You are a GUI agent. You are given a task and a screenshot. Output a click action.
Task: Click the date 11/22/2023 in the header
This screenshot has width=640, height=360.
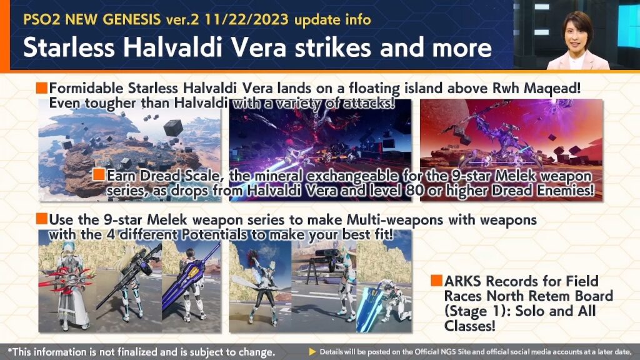click(x=246, y=19)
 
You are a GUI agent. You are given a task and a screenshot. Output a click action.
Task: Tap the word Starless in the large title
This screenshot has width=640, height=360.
click(x=69, y=47)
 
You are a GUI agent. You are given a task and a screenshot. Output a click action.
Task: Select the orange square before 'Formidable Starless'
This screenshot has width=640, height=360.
click(x=42, y=87)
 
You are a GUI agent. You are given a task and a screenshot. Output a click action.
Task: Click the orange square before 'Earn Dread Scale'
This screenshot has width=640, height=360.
click(x=99, y=174)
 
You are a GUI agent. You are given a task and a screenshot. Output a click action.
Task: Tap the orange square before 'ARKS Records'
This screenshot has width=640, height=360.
click(x=436, y=281)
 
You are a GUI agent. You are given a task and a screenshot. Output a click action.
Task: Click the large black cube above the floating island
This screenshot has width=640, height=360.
click(x=173, y=127)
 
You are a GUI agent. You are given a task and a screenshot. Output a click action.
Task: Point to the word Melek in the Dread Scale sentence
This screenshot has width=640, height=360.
click(x=516, y=176)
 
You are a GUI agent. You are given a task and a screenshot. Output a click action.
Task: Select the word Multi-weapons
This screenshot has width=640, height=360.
click(x=395, y=219)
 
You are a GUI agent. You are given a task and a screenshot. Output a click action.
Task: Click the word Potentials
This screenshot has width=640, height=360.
click(x=214, y=234)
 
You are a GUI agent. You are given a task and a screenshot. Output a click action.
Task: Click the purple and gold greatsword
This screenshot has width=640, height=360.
click(x=191, y=277)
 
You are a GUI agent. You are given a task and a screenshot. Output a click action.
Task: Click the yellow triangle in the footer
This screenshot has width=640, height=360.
click(x=312, y=352)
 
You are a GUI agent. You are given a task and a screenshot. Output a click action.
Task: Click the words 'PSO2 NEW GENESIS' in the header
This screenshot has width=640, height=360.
click(x=92, y=19)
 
